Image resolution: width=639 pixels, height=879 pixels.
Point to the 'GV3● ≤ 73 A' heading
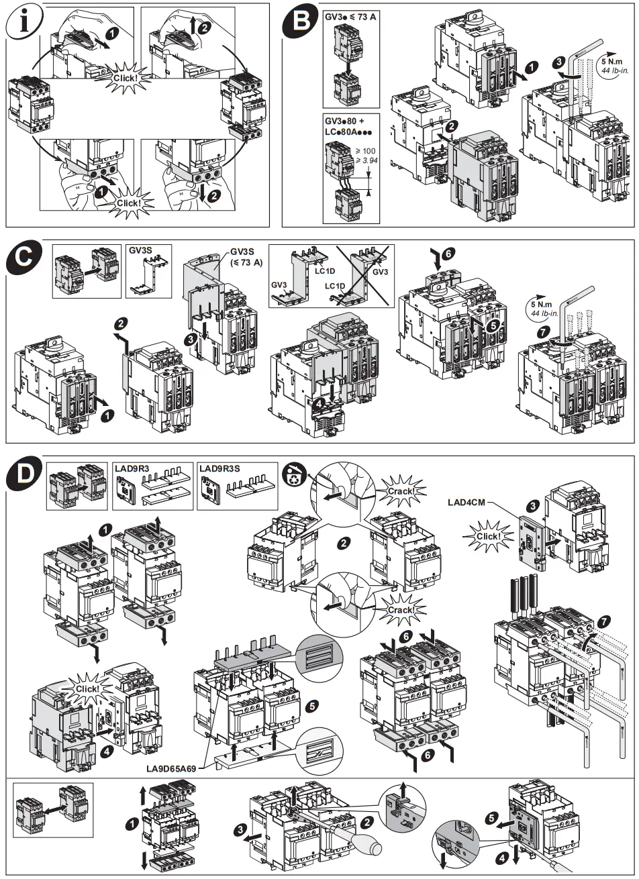click(x=351, y=15)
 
